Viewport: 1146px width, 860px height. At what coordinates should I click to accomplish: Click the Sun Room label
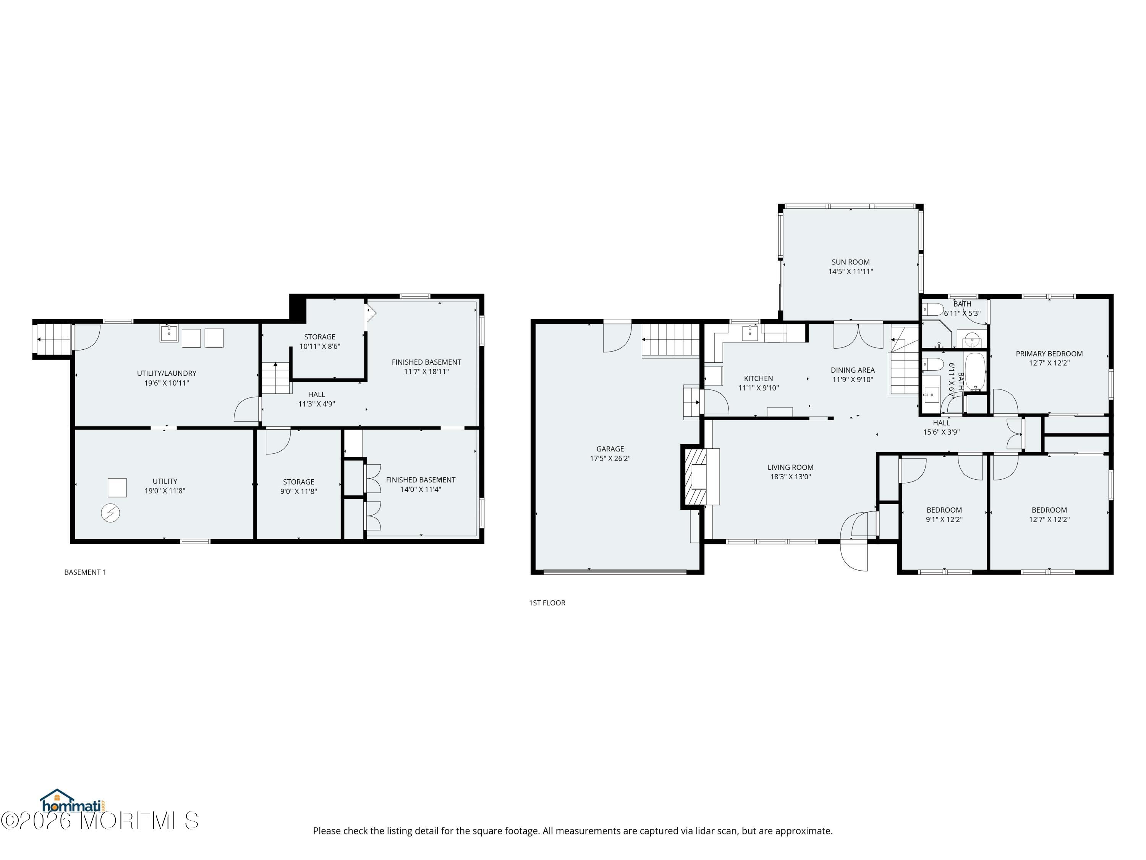click(x=851, y=262)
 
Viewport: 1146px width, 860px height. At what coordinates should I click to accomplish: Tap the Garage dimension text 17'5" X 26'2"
click(x=610, y=458)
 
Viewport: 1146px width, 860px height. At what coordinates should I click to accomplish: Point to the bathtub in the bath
click(x=974, y=372)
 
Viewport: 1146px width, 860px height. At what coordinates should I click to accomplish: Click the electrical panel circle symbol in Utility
click(x=110, y=513)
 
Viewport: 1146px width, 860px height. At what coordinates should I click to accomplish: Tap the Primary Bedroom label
click(x=1049, y=354)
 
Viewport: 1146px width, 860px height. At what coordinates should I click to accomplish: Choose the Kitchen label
click(x=759, y=378)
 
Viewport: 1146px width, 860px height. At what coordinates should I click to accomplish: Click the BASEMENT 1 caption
click(x=85, y=572)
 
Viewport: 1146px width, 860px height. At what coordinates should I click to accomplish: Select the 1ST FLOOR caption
click(x=547, y=603)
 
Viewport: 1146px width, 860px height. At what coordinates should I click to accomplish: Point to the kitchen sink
click(x=749, y=333)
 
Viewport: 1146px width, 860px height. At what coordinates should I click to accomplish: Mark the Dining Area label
click(x=853, y=370)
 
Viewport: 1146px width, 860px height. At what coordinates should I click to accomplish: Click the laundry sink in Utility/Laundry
click(x=169, y=334)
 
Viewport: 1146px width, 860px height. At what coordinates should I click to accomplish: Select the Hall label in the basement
click(x=317, y=394)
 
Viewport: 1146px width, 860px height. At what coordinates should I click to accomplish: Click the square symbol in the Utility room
click(x=117, y=488)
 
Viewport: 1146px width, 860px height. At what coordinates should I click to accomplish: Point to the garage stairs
click(x=671, y=341)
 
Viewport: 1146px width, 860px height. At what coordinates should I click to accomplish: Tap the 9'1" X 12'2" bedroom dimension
click(x=944, y=519)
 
